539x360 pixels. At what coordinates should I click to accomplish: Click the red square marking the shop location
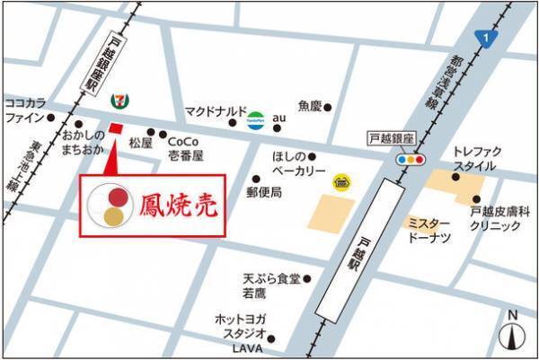(115, 127)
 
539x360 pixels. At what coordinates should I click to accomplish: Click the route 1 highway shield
(486, 38)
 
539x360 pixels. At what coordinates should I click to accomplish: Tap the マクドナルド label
(215, 111)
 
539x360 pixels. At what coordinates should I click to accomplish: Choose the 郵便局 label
(264, 192)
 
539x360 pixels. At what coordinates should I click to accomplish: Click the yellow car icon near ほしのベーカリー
(341, 182)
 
